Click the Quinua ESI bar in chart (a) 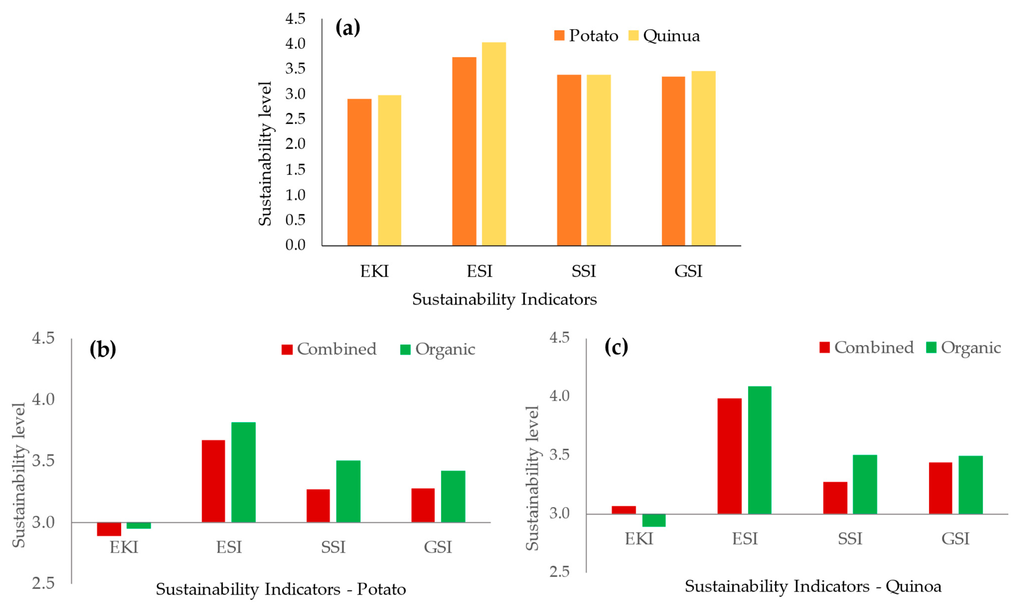pyautogui.click(x=494, y=144)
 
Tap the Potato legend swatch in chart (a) pyautogui.click(x=559, y=35)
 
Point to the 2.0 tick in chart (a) pyautogui.click(x=295, y=144)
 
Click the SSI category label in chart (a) pyautogui.click(x=583, y=271)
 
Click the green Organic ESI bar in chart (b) pyautogui.click(x=243, y=472)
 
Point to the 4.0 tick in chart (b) pyautogui.click(x=43, y=399)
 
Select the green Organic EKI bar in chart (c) pyautogui.click(x=654, y=520)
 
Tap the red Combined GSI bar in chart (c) pyautogui.click(x=940, y=488)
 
